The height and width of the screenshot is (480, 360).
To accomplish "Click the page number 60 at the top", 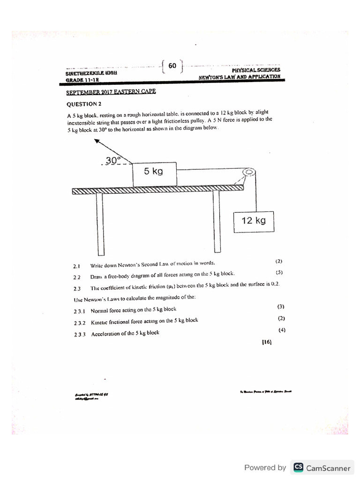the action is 172,66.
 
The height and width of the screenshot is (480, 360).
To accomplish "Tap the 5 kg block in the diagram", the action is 154,172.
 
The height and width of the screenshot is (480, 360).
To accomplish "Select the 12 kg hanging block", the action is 253,220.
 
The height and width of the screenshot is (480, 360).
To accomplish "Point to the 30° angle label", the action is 113,160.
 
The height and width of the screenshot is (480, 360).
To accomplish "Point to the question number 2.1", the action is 77,266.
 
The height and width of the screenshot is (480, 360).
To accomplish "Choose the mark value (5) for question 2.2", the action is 279,272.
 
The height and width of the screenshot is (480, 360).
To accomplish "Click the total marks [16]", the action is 267,342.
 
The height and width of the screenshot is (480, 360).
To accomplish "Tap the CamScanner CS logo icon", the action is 298,467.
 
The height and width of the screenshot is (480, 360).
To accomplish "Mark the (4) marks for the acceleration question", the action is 281,330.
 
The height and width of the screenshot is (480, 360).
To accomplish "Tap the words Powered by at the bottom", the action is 265,467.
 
